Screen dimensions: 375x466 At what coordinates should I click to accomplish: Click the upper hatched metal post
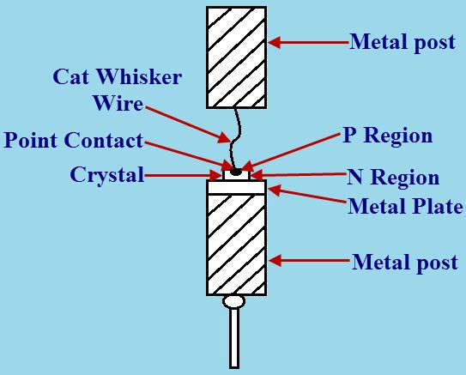click(x=237, y=57)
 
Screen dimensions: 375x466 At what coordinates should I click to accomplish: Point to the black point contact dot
click(x=236, y=172)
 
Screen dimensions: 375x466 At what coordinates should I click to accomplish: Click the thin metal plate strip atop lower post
click(x=237, y=185)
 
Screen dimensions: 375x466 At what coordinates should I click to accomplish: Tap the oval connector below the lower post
click(x=234, y=301)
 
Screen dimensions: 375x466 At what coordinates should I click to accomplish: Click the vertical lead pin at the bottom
click(x=234, y=338)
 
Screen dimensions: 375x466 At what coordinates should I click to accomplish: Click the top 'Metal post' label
click(x=402, y=42)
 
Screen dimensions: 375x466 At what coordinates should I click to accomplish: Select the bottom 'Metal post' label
click(x=404, y=262)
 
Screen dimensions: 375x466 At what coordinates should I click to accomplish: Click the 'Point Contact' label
click(x=73, y=140)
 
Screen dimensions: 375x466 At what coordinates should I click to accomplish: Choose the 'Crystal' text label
click(x=106, y=175)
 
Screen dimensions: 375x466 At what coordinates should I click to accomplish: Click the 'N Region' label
click(x=393, y=178)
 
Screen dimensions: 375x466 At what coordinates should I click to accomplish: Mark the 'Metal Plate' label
click(x=405, y=206)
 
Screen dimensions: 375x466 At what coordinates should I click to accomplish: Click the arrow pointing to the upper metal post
click(x=306, y=41)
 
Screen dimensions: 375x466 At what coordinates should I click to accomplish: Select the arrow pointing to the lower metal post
click(x=306, y=260)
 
